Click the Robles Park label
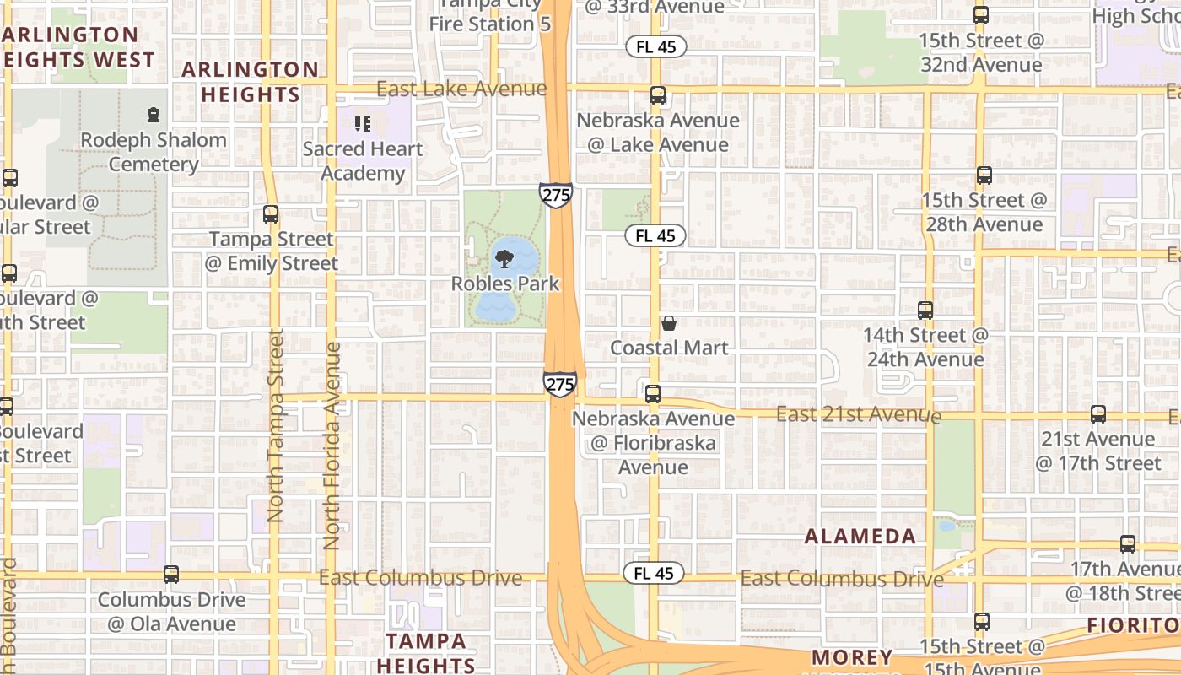tap(504, 283)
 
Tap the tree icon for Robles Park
tap(504, 259)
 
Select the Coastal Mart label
tap(669, 348)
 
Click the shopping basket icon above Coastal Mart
tap(669, 323)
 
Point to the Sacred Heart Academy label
tap(363, 161)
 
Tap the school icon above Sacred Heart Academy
tap(363, 125)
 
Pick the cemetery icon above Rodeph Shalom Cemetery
tap(154, 114)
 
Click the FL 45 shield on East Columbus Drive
tap(654, 574)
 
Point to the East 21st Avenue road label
tap(858, 414)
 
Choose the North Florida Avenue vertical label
tap(332, 445)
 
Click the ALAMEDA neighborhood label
tap(860, 537)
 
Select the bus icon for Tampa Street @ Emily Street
tap(271, 214)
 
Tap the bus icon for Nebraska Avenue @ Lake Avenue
tap(658, 96)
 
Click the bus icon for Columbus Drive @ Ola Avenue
tap(171, 575)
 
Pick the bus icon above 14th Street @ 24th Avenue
tap(925, 310)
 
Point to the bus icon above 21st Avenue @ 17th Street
tap(1097, 414)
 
